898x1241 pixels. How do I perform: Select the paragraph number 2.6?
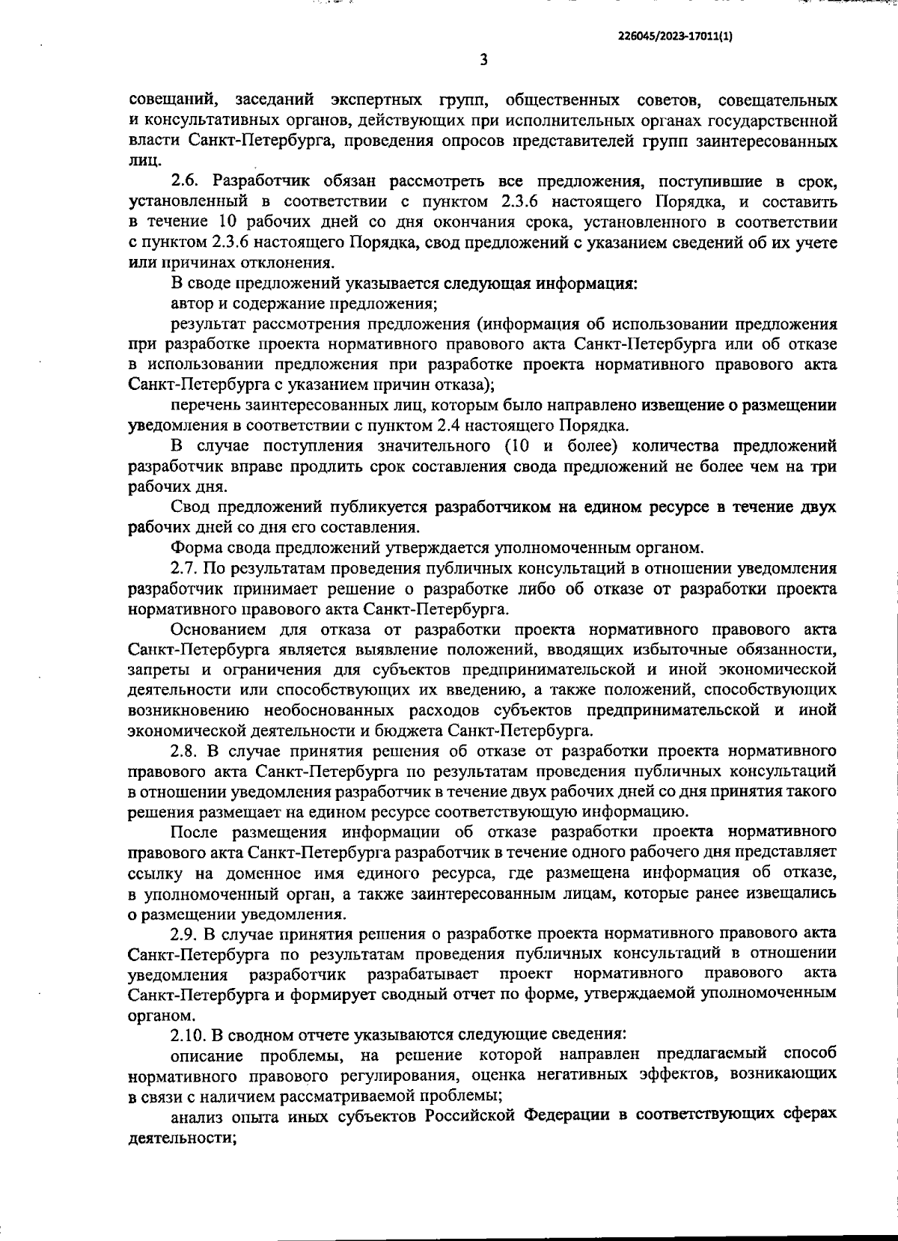pos(187,182)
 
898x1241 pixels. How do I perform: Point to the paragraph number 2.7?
pos(186,569)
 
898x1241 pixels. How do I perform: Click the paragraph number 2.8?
pos(186,751)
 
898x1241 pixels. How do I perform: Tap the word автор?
pos(190,304)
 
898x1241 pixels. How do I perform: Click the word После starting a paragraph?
pos(194,832)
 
